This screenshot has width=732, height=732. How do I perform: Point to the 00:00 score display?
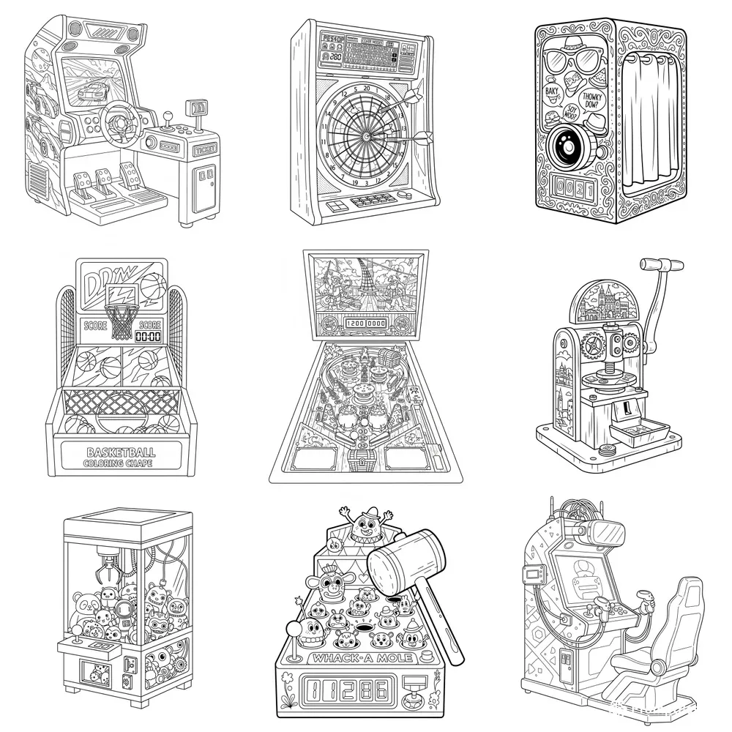tap(149, 337)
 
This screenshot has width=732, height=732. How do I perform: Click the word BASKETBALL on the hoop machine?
tap(118, 452)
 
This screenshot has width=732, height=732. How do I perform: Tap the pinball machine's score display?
tap(364, 324)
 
